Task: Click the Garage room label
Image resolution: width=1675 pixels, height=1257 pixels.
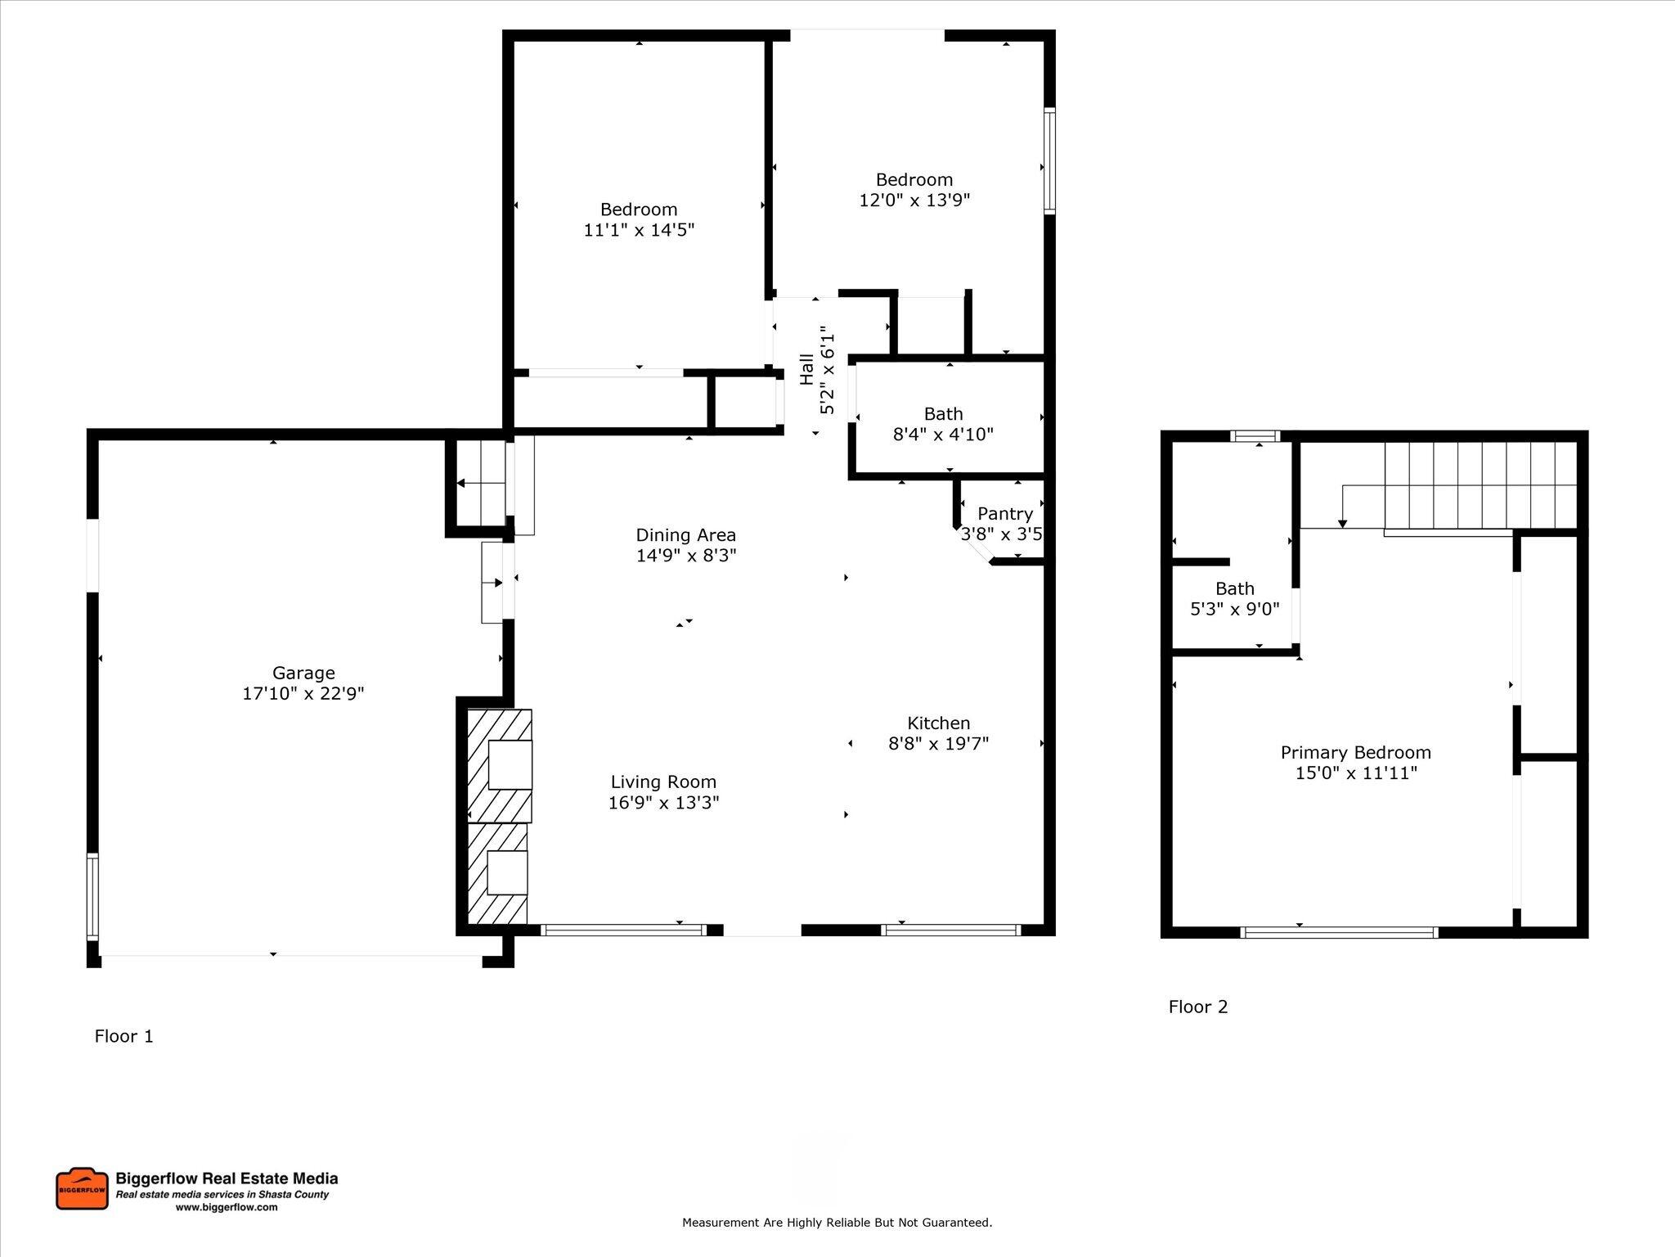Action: coord(303,673)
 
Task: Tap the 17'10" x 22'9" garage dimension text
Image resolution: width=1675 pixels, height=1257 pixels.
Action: coord(303,694)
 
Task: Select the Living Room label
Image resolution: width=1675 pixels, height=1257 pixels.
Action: coord(663,782)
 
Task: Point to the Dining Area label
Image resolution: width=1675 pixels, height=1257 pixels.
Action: coord(686,535)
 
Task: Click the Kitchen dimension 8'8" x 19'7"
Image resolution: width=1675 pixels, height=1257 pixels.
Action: coord(939,744)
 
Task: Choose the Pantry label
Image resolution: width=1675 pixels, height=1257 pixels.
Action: coord(1005,514)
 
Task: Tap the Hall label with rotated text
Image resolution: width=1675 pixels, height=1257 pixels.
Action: coord(807,369)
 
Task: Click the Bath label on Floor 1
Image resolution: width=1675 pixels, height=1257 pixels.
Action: coord(943,414)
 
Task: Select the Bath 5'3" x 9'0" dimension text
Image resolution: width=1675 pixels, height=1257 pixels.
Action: coord(1235,610)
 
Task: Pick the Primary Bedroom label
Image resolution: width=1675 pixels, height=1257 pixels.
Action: coord(1356,753)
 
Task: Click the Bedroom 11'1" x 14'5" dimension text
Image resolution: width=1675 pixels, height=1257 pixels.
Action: coord(639,231)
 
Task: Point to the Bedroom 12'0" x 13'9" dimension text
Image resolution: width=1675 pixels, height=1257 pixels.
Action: coord(914,200)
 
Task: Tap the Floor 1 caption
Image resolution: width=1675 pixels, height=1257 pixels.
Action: coord(123,1036)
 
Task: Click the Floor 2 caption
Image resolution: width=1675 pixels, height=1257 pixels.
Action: coord(1198,1007)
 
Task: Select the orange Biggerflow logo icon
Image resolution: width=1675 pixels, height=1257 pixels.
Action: coord(82,1189)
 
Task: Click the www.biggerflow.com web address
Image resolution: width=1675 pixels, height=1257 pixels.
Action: coord(227,1207)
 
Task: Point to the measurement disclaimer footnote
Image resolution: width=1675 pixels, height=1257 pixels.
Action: coord(837,1223)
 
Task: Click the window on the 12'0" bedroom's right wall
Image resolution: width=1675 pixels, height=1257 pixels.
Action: coord(1049,160)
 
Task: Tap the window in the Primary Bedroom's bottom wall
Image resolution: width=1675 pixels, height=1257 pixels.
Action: coord(1339,932)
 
